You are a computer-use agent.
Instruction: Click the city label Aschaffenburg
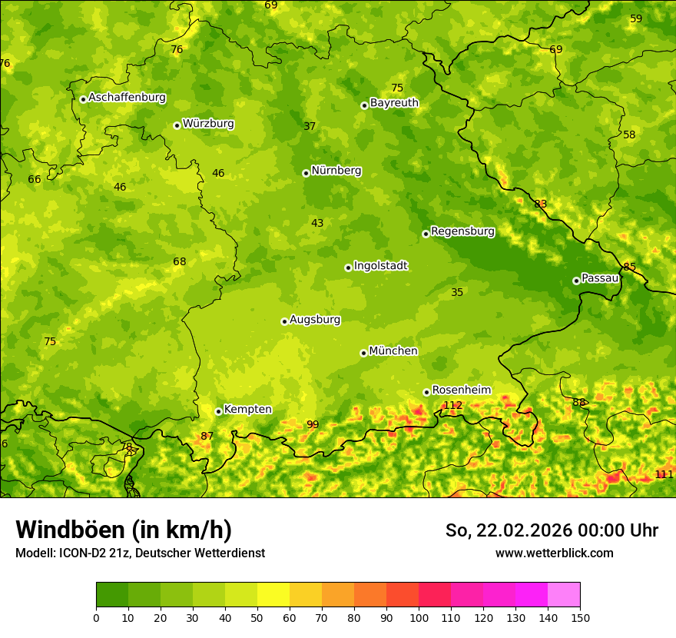(x=127, y=98)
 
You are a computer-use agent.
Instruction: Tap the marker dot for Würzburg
(x=177, y=125)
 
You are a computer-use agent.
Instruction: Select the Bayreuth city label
(x=394, y=102)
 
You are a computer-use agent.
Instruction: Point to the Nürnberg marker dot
(x=306, y=173)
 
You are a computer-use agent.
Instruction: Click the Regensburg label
(x=462, y=231)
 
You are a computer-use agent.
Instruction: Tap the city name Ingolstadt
(x=380, y=265)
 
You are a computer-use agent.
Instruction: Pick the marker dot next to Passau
(x=576, y=281)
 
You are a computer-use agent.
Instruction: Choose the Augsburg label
(x=315, y=319)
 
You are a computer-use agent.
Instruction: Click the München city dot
(x=363, y=353)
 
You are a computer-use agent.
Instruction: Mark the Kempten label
(x=247, y=409)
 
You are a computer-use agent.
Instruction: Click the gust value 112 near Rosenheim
(x=452, y=405)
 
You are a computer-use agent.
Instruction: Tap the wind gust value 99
(x=313, y=424)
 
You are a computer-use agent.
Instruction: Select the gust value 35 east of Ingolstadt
(x=457, y=292)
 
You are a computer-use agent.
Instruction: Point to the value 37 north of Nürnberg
(x=310, y=126)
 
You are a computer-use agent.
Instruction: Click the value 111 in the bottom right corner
(x=664, y=474)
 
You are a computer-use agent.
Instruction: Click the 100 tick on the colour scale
(x=419, y=617)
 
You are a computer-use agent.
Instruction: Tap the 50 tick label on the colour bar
(x=257, y=617)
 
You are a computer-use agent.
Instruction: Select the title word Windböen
(x=71, y=530)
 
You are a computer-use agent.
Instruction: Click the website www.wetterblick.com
(x=554, y=553)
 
